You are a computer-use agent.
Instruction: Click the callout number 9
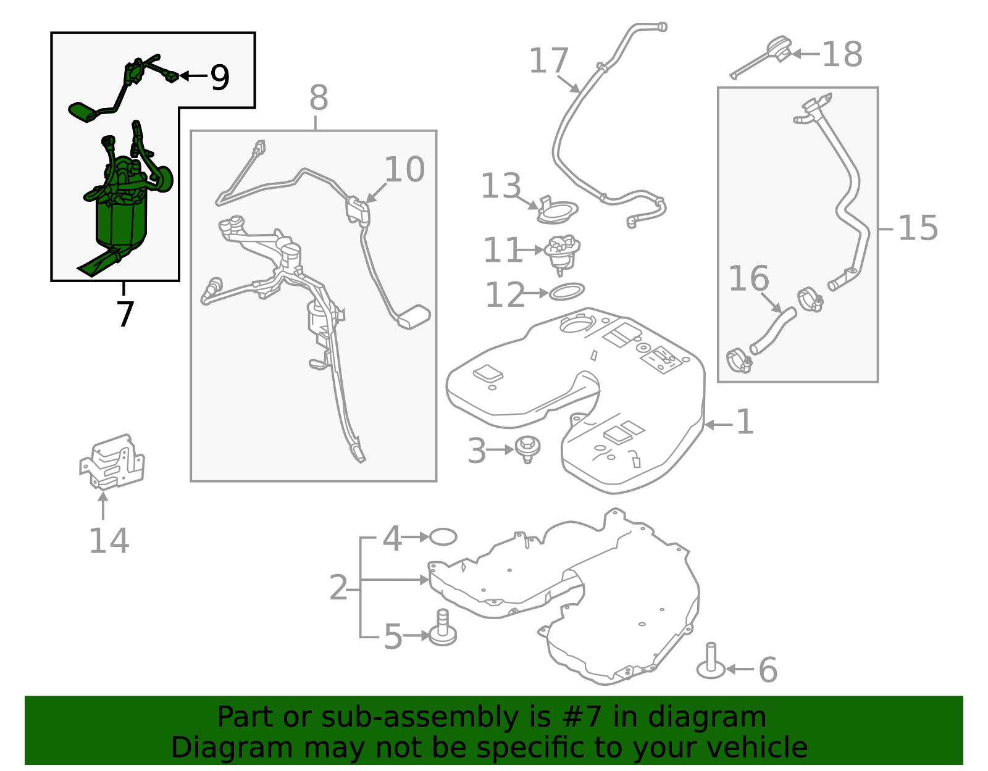[220, 77]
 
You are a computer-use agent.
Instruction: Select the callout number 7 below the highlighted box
[125, 314]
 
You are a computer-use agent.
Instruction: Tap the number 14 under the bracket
[109, 541]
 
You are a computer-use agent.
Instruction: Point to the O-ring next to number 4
[443, 536]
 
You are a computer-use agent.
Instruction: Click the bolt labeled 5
[443, 628]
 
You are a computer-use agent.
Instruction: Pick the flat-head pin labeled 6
[711, 661]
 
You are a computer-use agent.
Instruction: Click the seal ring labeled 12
[566, 292]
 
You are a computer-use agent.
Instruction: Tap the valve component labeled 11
[563, 254]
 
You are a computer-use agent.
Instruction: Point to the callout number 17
[549, 60]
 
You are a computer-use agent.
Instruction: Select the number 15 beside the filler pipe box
[918, 228]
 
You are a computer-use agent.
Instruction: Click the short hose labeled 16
[773, 330]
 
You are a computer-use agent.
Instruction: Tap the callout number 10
[404, 170]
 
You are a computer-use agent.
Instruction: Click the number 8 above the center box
[318, 98]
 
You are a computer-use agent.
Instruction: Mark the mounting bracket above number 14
[112, 462]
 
